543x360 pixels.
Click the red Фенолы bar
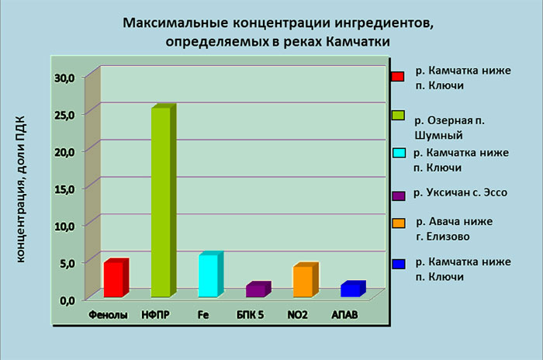116,278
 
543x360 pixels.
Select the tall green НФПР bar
164,200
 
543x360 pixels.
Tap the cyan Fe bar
211,274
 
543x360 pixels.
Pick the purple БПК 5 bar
258,289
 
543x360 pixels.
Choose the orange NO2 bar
306,279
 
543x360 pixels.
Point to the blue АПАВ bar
353,289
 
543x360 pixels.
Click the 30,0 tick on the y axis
64,78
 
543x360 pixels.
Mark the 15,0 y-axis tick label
64,189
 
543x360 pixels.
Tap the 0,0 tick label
67,300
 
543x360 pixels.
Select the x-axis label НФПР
155,314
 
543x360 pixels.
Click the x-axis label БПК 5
250,314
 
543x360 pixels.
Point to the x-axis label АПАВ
344,314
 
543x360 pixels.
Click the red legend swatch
398,77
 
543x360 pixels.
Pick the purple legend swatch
399,196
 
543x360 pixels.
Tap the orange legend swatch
399,223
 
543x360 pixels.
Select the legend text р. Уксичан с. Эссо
461,192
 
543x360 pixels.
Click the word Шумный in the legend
439,135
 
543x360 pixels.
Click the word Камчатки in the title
358,42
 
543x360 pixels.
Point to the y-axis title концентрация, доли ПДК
21,189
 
